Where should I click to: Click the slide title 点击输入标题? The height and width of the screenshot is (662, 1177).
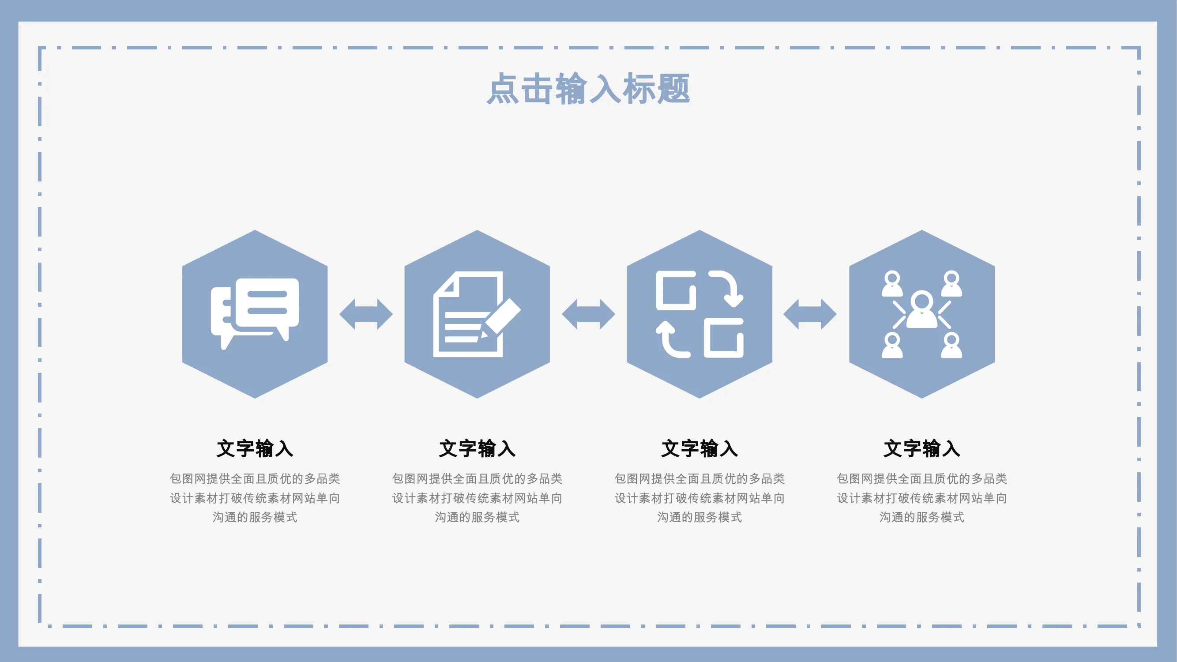pyautogui.click(x=588, y=88)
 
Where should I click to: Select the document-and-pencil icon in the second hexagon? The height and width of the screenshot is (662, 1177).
pyautogui.click(x=477, y=314)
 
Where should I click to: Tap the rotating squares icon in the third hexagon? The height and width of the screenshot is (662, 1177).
pyautogui.click(x=699, y=314)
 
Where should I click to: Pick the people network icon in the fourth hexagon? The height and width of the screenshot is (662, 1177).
pyautogui.click(x=921, y=314)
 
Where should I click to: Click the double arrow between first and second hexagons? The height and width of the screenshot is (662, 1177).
pyautogui.click(x=366, y=314)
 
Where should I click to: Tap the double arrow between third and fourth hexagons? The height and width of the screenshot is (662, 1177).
pyautogui.click(x=810, y=314)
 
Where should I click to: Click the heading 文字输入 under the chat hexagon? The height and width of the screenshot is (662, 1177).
pyautogui.click(x=255, y=448)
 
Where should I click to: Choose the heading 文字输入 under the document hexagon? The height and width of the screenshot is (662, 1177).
pyautogui.click(x=477, y=448)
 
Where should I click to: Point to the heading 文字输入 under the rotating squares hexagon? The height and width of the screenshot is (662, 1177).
pyautogui.click(x=699, y=448)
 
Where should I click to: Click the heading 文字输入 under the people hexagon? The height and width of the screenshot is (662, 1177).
pyautogui.click(x=921, y=448)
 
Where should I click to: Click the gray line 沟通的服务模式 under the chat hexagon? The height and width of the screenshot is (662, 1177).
pyautogui.click(x=255, y=517)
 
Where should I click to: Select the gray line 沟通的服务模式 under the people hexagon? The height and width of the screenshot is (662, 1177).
pyautogui.click(x=921, y=517)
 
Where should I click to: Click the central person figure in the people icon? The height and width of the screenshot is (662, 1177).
pyautogui.click(x=921, y=309)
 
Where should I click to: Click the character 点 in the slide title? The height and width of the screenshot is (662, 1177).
pyautogui.click(x=503, y=89)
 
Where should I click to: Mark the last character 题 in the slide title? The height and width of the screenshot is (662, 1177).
pyautogui.click(x=673, y=89)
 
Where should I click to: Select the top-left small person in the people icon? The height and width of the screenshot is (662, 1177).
pyautogui.click(x=892, y=283)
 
